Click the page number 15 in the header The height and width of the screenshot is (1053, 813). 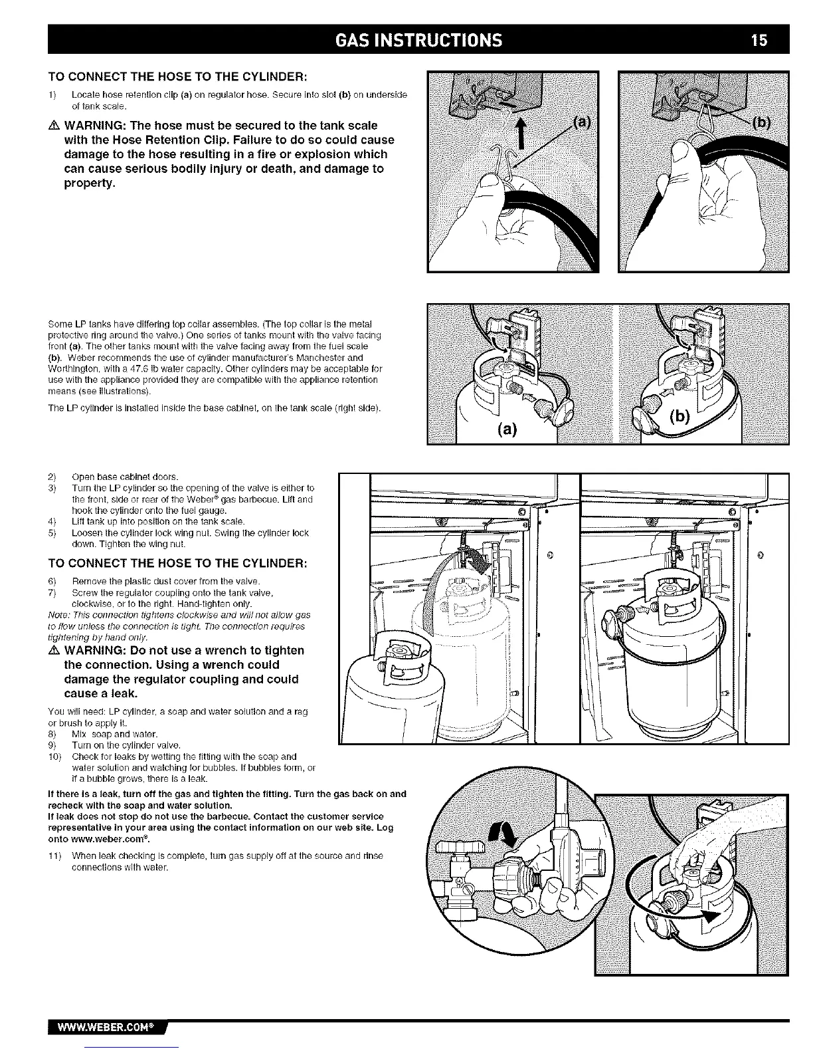point(759,40)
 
